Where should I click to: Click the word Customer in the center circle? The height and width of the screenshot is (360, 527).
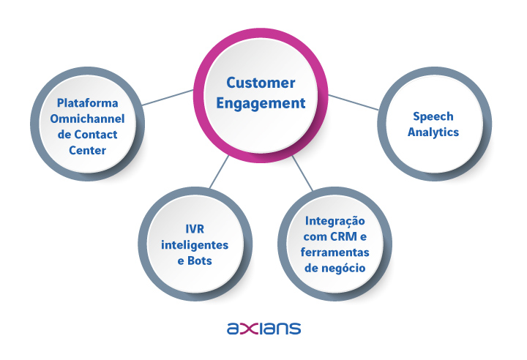pyautogui.click(x=261, y=83)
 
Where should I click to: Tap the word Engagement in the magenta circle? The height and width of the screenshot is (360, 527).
pyautogui.click(x=261, y=103)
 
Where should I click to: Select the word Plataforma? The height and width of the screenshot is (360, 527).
pyautogui.click(x=87, y=103)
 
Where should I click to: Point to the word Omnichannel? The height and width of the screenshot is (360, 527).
pyautogui.click(x=87, y=119)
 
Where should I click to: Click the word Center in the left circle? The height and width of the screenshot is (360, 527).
pyautogui.click(x=87, y=150)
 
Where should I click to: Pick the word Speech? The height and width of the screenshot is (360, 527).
pyautogui.click(x=433, y=116)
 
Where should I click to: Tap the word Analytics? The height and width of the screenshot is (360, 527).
pyautogui.click(x=433, y=132)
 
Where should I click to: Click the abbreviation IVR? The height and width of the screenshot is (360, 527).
pyautogui.click(x=195, y=229)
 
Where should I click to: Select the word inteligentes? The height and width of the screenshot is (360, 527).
pyautogui.click(x=195, y=245)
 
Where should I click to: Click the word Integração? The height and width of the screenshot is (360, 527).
pyautogui.click(x=334, y=221)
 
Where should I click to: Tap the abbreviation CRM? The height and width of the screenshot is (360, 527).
pyautogui.click(x=343, y=236)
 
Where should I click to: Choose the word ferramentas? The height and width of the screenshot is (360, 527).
pyautogui.click(x=334, y=252)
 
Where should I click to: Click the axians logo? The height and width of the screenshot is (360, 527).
pyautogui.click(x=263, y=328)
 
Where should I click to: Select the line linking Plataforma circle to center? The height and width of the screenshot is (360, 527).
pyautogui.click(x=168, y=97)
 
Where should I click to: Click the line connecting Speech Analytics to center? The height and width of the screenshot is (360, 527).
pyautogui.click(x=354, y=102)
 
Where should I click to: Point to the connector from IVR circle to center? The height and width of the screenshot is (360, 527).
pyautogui.click(x=219, y=171)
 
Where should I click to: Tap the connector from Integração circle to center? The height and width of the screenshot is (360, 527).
pyautogui.click(x=302, y=173)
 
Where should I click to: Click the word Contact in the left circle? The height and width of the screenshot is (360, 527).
pyautogui.click(x=96, y=135)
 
